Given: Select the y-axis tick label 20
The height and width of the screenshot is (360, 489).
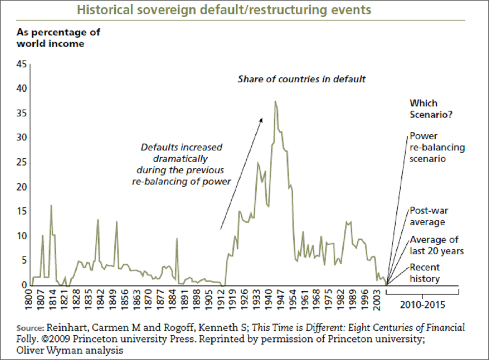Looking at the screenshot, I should click(22, 187).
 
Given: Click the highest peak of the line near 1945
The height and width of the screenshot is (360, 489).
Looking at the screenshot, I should click(275, 101).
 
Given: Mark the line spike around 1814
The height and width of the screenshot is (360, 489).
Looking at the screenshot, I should click(51, 205).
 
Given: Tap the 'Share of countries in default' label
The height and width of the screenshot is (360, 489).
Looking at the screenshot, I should click(302, 79).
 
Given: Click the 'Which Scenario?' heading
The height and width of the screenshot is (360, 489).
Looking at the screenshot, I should click(431, 109).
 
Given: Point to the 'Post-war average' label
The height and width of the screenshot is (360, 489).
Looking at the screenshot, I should click(427, 216).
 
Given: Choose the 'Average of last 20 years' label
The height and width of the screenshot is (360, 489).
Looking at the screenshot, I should click(434, 245).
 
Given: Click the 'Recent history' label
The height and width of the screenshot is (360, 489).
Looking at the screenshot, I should click(425, 273).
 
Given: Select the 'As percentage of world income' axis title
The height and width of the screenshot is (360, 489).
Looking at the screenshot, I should click(58, 38).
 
